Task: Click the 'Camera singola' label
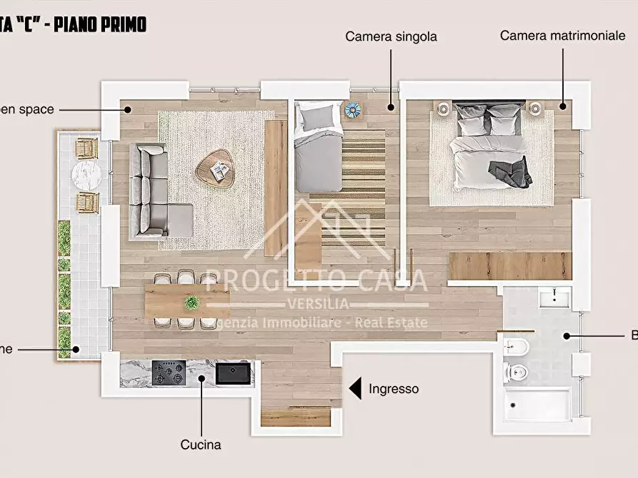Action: coord(391,36)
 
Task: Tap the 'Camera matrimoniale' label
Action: coord(562,36)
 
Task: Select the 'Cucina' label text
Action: coord(201,445)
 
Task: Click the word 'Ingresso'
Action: coord(394,389)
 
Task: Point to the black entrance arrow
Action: coord(355,388)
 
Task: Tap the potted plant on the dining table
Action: coord(191,302)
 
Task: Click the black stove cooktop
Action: coord(169,372)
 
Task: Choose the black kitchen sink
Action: coord(234,372)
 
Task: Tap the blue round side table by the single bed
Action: coord(352,111)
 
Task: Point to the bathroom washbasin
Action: coord(554,298)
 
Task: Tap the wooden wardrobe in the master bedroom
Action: coord(509,265)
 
